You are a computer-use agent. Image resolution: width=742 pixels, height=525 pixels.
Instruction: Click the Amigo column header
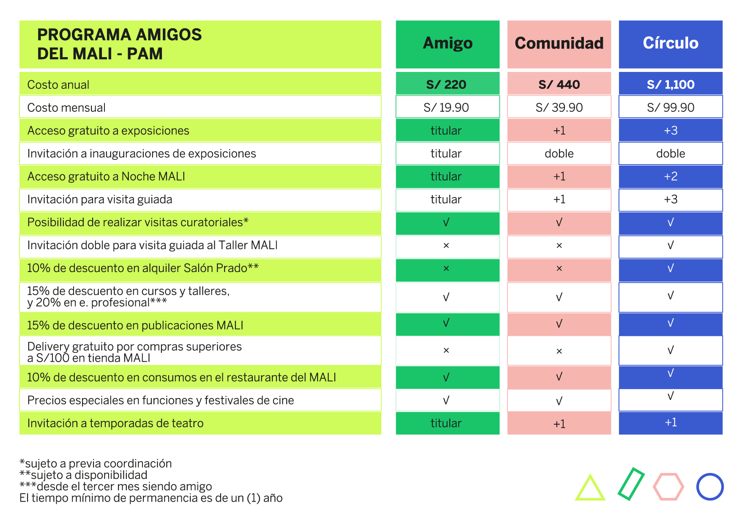pyautogui.click(x=447, y=44)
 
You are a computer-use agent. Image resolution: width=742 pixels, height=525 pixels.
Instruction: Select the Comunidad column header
pyautogui.click(x=559, y=44)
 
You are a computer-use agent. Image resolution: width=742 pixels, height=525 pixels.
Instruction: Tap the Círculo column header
pyautogui.click(x=671, y=44)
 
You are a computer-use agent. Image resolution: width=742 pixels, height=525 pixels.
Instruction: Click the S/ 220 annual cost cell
pyautogui.click(x=446, y=85)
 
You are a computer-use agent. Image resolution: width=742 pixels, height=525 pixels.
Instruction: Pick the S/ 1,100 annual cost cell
pyautogui.click(x=671, y=85)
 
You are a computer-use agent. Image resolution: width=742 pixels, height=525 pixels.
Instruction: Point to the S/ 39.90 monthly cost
pyautogui.click(x=559, y=107)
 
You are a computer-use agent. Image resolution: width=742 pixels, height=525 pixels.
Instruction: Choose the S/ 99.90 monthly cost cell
pyautogui.click(x=671, y=107)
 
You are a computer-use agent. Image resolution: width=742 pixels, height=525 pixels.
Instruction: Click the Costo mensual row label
pyautogui.click(x=66, y=107)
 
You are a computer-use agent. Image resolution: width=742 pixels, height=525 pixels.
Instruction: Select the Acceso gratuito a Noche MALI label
pyautogui.click(x=106, y=176)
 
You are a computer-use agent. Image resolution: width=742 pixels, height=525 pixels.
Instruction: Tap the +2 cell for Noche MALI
pyautogui.click(x=671, y=176)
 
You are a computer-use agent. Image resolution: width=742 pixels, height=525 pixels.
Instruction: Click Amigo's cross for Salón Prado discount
pyautogui.click(x=446, y=269)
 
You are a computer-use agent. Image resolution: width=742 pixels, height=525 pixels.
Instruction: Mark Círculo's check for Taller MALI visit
pyautogui.click(x=671, y=245)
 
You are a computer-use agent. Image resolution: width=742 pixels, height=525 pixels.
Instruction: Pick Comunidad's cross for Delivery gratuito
pyautogui.click(x=559, y=351)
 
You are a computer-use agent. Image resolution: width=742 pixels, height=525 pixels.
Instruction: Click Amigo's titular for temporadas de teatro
pyautogui.click(x=446, y=423)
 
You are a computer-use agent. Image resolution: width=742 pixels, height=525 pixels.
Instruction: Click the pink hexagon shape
pyautogui.click(x=668, y=487)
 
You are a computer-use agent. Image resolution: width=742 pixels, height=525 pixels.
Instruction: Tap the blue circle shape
pyautogui.click(x=710, y=487)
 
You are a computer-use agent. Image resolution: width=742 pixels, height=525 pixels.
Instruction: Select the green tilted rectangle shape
pyautogui.click(x=631, y=484)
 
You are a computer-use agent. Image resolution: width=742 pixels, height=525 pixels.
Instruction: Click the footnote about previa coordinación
pyautogui.click(x=96, y=464)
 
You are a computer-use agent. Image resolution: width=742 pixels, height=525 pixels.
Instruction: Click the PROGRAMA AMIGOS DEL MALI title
pyautogui.click(x=120, y=44)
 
